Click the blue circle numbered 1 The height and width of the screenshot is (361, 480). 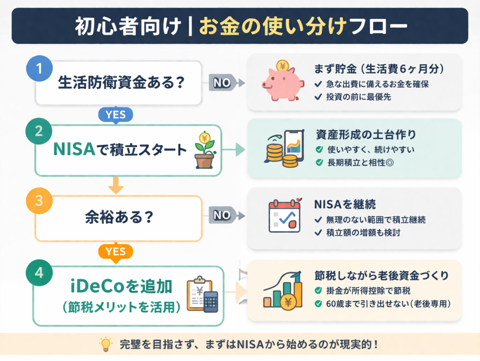coord(39,68)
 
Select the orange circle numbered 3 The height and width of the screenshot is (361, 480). coord(39,200)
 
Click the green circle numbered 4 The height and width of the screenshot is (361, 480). coord(39,273)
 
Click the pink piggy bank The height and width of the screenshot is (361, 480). coord(281,81)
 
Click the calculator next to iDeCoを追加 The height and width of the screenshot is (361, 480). coord(211,302)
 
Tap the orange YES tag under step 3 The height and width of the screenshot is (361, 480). coord(115,252)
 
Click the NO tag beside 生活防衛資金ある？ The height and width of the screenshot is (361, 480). coord(223,83)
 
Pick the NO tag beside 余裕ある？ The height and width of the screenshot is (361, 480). coord(223,215)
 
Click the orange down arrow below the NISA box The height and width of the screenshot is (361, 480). coord(115,186)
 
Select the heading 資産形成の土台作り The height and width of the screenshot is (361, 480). coord(366,134)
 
